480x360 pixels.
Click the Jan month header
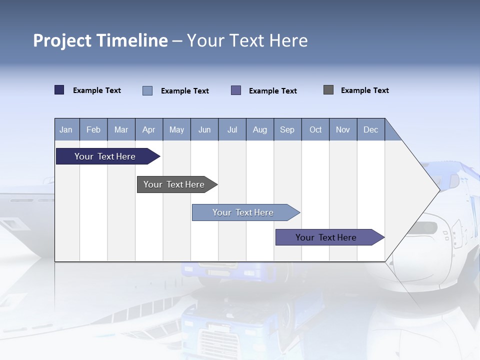[66, 129]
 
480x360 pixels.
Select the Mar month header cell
[121, 129]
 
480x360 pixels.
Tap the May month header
[176, 129]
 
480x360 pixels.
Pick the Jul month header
[232, 129]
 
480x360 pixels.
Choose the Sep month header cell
[287, 129]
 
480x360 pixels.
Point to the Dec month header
[370, 129]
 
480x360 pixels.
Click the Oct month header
[315, 129]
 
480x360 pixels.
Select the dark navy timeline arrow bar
[105, 156]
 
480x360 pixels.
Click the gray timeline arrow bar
[174, 184]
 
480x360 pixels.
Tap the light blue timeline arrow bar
[243, 212]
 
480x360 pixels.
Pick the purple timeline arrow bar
[326, 237]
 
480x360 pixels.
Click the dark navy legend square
[59, 90]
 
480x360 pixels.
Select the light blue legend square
[147, 90]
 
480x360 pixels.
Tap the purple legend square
[236, 90]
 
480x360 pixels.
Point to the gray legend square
[328, 90]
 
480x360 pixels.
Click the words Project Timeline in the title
[100, 40]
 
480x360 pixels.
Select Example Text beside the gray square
[364, 90]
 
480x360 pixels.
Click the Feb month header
[93, 129]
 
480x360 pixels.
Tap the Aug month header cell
[260, 129]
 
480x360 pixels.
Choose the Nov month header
[343, 129]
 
